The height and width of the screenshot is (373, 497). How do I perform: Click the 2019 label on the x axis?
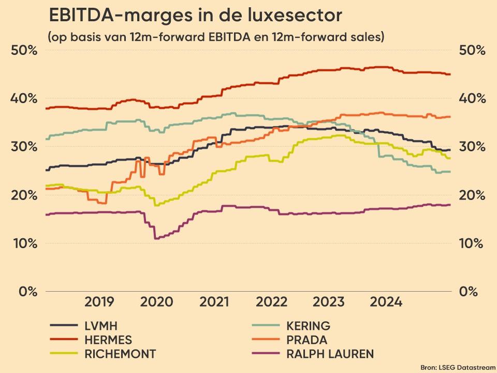(x=99, y=302)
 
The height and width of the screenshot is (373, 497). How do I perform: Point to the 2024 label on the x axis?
(x=386, y=302)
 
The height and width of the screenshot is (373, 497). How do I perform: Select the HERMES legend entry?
(x=108, y=340)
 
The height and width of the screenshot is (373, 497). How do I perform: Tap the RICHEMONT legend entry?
(x=120, y=354)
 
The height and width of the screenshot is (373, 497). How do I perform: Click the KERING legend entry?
(x=308, y=326)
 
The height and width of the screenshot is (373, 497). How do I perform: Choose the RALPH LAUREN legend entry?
(x=330, y=354)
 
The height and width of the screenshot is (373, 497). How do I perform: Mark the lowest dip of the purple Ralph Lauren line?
(x=156, y=238)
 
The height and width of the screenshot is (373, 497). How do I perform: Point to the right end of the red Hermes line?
(x=450, y=75)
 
